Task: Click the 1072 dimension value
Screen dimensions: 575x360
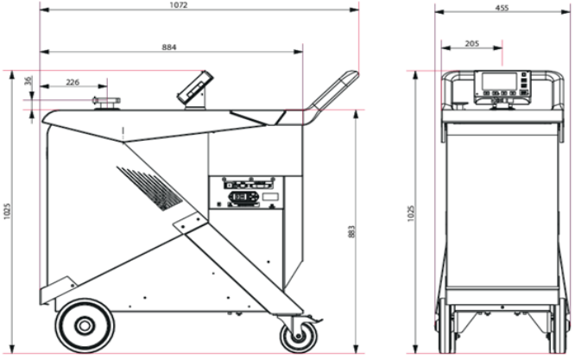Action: pos(179,5)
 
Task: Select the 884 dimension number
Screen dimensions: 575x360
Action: pos(169,47)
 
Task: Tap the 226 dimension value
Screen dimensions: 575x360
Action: pos(73,82)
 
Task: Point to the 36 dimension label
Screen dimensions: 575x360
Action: pos(28,80)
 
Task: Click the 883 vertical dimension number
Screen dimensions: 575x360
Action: pos(351,231)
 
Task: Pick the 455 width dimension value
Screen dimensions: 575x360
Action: pos(502,8)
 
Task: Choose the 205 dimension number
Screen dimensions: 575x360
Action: pos(472,44)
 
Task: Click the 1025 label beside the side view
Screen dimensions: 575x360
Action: pos(8,212)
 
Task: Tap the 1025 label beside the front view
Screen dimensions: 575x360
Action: pos(411,213)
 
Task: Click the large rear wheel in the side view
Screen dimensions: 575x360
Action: pos(85,325)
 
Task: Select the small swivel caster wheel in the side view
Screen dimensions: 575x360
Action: pos(299,337)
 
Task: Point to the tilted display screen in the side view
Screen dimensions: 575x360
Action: pos(195,86)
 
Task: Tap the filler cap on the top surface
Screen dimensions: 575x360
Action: pos(107,104)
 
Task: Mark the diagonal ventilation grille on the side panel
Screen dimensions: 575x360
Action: pos(149,188)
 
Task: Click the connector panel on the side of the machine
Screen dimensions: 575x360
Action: pos(246,193)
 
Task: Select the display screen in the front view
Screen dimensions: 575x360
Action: pos(499,81)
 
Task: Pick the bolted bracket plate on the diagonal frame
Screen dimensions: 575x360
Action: pos(191,224)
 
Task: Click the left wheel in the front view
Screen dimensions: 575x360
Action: pos(446,325)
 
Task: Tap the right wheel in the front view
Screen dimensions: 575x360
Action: pos(559,325)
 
